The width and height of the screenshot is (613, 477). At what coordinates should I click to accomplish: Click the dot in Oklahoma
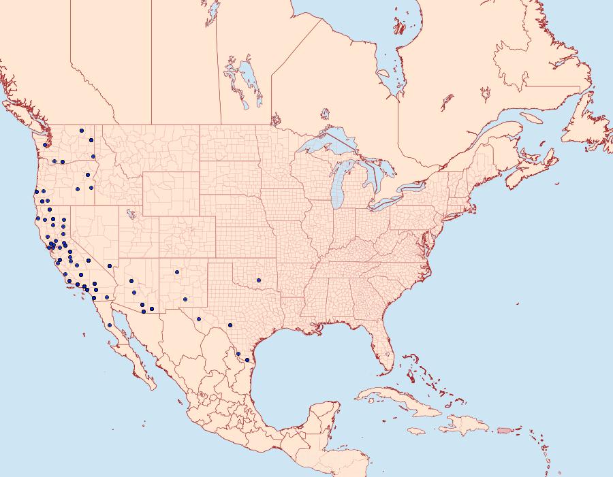click(258, 279)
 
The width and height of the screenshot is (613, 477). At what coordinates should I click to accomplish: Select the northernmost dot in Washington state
click(81, 131)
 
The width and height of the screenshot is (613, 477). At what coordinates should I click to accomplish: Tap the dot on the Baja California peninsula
click(109, 325)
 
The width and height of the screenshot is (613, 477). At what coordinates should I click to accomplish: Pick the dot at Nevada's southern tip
click(110, 266)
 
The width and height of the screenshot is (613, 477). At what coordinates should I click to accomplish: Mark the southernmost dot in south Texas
click(247, 359)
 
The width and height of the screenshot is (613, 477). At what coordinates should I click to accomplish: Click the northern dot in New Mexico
click(176, 272)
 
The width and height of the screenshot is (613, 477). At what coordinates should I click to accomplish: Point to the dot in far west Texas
click(198, 318)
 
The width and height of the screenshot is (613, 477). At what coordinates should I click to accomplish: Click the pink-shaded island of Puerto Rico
click(503, 429)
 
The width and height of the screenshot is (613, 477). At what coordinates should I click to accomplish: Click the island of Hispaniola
click(467, 427)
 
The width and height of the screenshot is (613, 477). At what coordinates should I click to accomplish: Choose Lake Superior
click(327, 146)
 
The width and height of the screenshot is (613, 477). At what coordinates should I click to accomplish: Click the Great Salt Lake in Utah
click(127, 212)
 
